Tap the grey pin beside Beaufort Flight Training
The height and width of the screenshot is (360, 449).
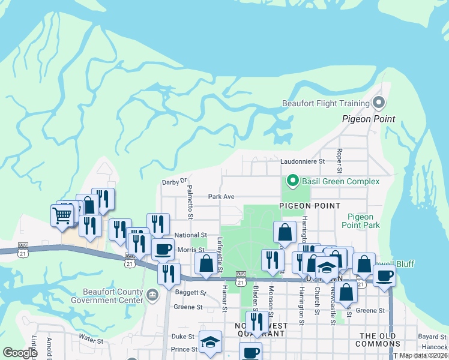pyautogui.click(x=378, y=103)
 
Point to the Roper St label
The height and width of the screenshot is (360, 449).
pyautogui.click(x=339, y=158)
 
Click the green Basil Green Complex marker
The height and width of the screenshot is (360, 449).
pyautogui.click(x=292, y=180)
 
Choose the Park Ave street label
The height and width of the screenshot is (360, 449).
pyautogui.click(x=221, y=196)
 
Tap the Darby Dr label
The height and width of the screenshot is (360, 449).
pyautogui.click(x=175, y=181)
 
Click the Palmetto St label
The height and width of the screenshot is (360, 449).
pyautogui.click(x=190, y=202)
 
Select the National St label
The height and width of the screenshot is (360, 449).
pyautogui.click(x=191, y=236)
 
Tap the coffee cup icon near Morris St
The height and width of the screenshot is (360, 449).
pyautogui.click(x=163, y=248)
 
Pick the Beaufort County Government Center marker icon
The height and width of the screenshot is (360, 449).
pyautogui.click(x=152, y=295)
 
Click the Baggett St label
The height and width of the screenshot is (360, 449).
pyautogui.click(x=191, y=293)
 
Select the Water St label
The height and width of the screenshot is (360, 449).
pyautogui.click(x=91, y=340)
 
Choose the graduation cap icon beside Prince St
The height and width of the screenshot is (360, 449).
pyautogui.click(x=211, y=344)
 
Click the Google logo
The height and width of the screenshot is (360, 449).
pyautogui.click(x=19, y=352)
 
